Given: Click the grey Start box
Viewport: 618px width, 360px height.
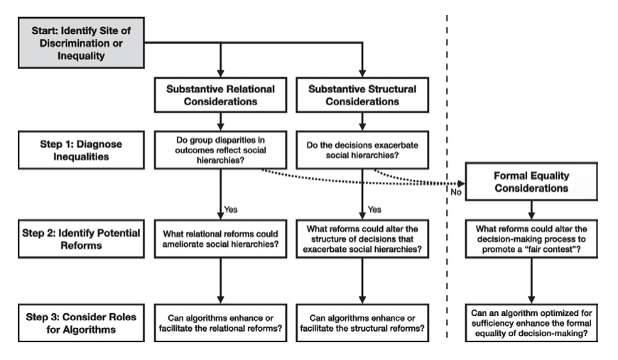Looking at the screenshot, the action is point(81,43).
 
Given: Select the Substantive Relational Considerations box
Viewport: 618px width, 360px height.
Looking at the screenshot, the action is point(220,95).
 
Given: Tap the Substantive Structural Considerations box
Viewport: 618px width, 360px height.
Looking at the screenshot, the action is point(362,95).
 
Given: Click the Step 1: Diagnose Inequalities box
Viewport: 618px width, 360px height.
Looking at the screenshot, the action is point(81,150).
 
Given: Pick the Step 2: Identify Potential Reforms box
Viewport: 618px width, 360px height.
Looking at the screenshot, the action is point(81,239).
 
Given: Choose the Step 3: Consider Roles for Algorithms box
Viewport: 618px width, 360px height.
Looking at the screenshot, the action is point(81,323).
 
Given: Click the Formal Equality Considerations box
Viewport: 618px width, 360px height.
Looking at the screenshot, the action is point(531,182).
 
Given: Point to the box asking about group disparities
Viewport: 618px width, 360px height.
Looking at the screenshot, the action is point(220,150).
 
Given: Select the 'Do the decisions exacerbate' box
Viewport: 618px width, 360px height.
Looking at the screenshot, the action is point(362,150).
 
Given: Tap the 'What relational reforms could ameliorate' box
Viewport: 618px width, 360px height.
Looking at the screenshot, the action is point(220,239).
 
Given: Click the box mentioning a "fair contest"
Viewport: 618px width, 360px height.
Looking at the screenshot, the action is point(531,239).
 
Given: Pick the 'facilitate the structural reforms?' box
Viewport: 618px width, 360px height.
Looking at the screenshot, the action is point(362,323).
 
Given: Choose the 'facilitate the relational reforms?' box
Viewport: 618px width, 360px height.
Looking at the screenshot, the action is point(220,323).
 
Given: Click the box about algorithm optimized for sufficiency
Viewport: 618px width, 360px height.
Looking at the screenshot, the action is point(531,323).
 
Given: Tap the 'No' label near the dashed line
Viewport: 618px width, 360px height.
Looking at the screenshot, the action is point(456,192).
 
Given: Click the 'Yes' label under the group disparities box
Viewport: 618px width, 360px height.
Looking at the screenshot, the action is point(231,209).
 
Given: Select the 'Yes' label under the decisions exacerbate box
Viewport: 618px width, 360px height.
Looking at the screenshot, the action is point(374,209).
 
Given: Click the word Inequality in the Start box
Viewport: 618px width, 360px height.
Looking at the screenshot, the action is point(81,56).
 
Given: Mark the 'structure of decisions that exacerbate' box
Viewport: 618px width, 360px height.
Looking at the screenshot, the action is point(362,239).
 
